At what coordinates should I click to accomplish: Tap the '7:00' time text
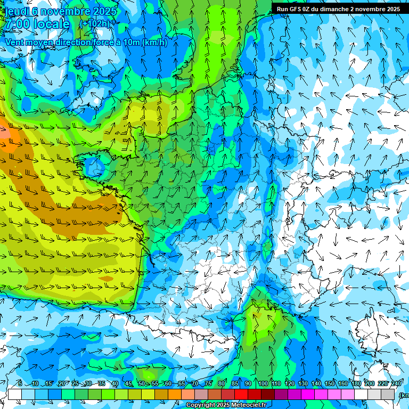[17, 24]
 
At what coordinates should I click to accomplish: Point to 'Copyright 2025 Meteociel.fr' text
[225, 405]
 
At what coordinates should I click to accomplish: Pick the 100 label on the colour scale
[263, 384]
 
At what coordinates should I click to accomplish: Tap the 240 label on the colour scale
[396, 384]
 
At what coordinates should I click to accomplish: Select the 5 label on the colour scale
[20, 384]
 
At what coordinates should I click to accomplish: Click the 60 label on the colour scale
[168, 384]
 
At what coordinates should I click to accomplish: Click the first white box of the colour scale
[14, 394]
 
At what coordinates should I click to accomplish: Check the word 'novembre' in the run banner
[370, 9]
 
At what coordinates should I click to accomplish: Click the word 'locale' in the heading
[51, 24]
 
